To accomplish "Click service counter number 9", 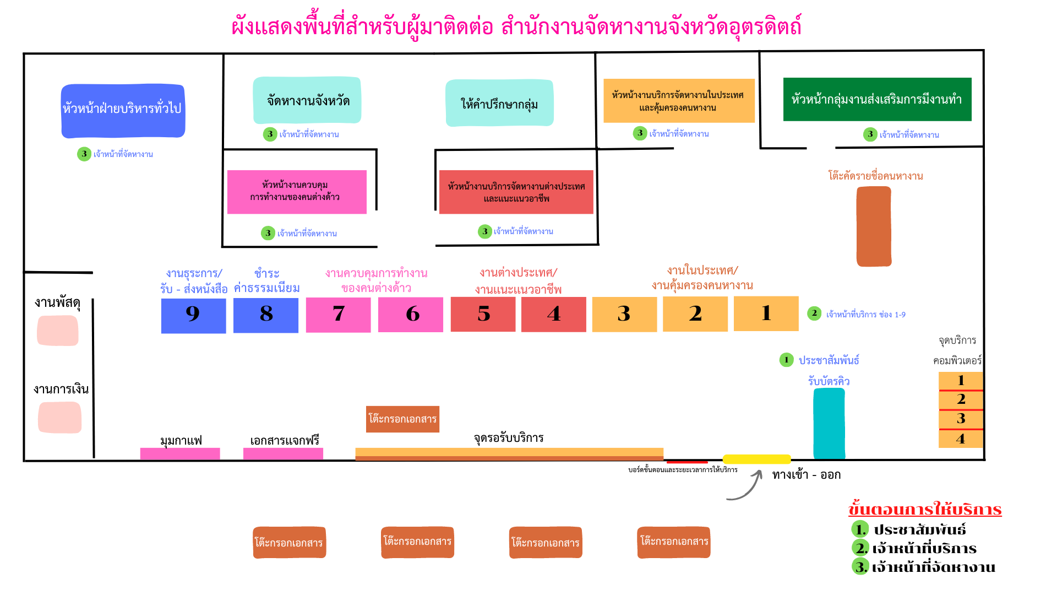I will (193, 315).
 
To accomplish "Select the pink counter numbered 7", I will (338, 315).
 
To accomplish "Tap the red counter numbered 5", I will (483, 314).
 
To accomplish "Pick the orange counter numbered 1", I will (766, 313).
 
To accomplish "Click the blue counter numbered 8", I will (266, 315).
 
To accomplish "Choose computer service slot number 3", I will (961, 419).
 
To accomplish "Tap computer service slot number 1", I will (961, 381).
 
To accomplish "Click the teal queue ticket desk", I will (829, 423).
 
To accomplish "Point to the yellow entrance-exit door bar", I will (756, 459).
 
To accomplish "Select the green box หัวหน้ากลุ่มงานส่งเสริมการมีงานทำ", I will (877, 99).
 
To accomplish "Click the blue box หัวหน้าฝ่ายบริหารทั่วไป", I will (123, 110).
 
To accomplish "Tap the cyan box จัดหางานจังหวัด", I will (307, 100).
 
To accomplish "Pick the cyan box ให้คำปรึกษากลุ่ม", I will (499, 103).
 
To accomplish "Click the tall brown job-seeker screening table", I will (874, 226).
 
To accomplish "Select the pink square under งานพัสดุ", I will (58, 331).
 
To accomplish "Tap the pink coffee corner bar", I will (180, 453).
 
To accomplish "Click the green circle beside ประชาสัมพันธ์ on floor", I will (786, 360).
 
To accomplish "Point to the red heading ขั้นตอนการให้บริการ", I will (925, 509).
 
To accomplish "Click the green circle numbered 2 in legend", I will (860, 548).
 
